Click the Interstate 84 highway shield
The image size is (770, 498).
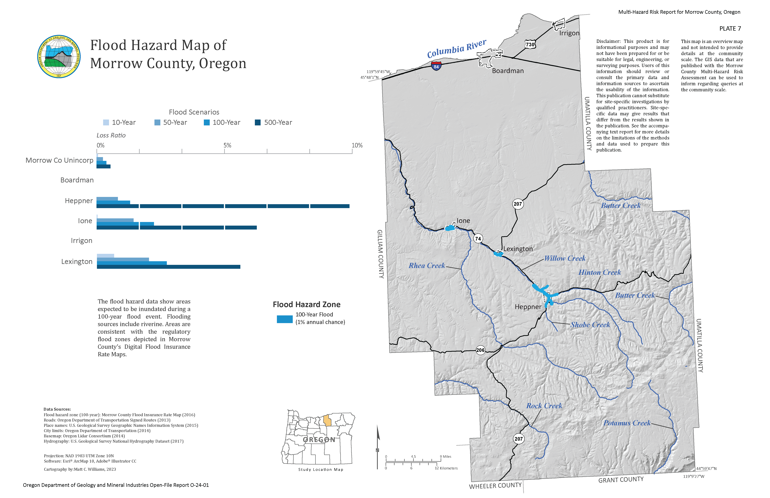(x=436, y=66)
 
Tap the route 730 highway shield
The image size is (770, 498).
(x=530, y=45)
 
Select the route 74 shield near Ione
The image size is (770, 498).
(x=478, y=239)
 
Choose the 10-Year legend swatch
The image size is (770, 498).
(x=106, y=123)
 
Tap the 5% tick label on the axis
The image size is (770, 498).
(x=227, y=145)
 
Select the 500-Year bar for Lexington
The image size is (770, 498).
(x=168, y=267)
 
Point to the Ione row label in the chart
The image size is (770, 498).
(x=85, y=221)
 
